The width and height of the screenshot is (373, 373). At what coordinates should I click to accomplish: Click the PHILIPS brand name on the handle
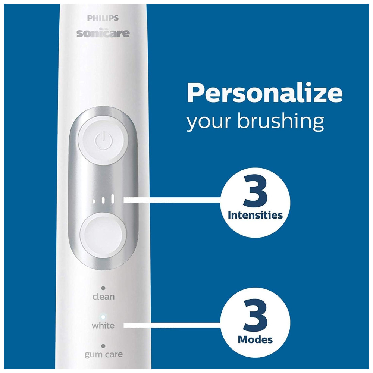coord(103,18)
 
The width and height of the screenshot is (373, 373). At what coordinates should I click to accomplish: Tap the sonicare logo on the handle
coord(103,33)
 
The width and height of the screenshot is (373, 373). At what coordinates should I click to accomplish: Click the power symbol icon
coord(103,141)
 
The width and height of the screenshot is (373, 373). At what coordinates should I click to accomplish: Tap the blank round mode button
coord(103,235)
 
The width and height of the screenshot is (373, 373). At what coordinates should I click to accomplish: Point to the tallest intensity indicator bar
coord(113,199)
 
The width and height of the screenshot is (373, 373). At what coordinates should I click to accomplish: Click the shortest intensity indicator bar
coord(94,201)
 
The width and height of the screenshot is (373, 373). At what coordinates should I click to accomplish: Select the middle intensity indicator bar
coord(103,200)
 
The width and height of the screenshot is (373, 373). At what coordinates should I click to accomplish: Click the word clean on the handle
coord(103,297)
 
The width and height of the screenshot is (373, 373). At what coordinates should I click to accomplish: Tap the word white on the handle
coord(103,325)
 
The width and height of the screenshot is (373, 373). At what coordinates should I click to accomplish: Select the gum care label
coord(104,355)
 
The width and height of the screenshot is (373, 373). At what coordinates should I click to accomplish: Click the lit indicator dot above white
coord(103,317)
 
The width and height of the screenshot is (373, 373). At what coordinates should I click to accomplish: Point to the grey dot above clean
coord(103,288)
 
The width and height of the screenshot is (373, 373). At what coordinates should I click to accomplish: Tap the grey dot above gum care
coord(103,346)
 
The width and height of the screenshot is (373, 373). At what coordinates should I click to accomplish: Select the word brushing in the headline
coord(281,121)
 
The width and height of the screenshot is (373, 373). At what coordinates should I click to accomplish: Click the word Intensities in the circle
coord(255,215)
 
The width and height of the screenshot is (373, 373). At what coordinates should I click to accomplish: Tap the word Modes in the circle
coord(255,339)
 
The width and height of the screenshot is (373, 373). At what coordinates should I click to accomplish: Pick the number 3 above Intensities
coord(256,191)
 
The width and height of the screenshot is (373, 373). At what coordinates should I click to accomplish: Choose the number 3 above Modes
coord(256,315)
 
